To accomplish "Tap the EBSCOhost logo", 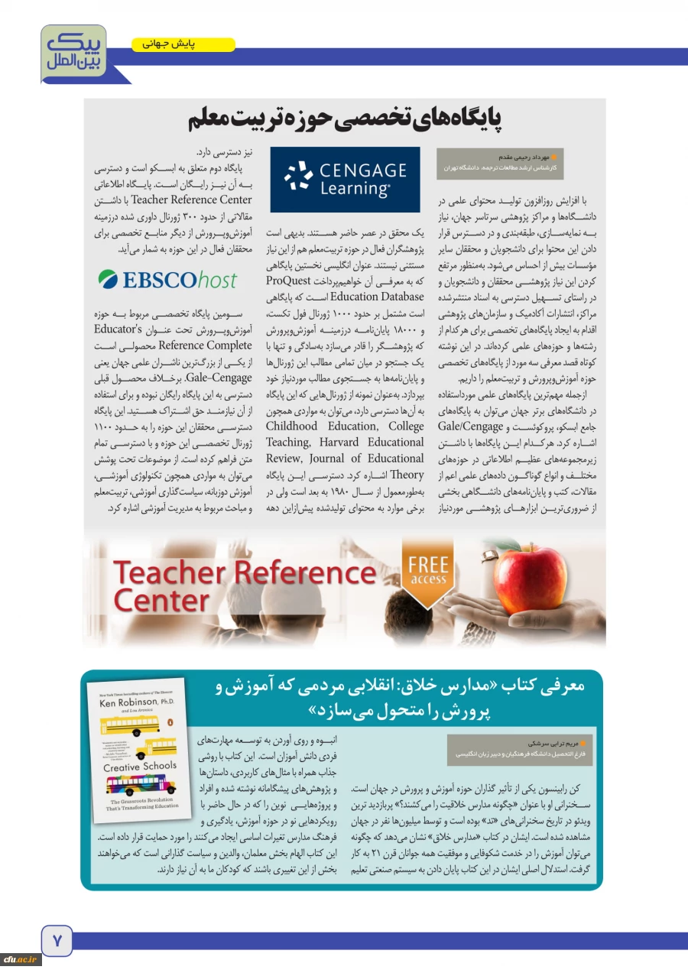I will pyautogui.click(x=167, y=280).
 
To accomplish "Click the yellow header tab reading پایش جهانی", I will pyautogui.click(x=183, y=45).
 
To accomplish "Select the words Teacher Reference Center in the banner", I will pyautogui.click(x=245, y=585).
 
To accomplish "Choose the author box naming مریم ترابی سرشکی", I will pyautogui.click(x=510, y=747).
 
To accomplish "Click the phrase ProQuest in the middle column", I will pyautogui.click(x=399, y=281).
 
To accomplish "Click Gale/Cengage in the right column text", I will pyautogui.click(x=470, y=426).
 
